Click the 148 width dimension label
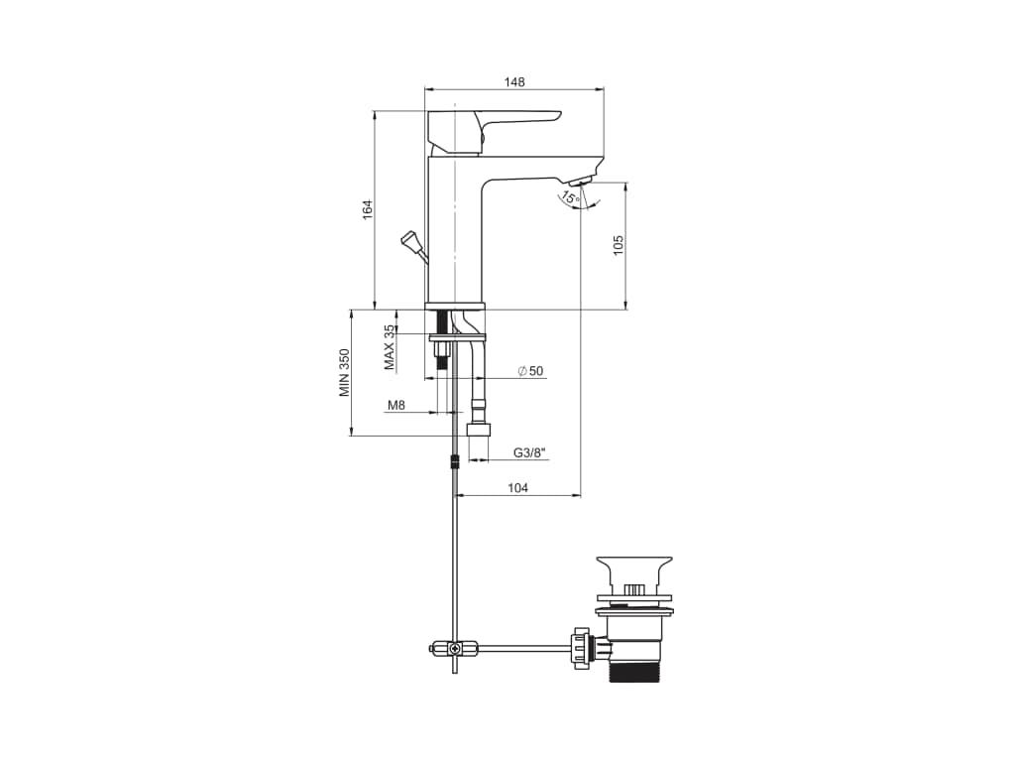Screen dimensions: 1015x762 click(x=514, y=82)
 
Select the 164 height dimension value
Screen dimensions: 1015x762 click(x=368, y=209)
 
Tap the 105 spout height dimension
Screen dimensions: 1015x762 click(x=619, y=245)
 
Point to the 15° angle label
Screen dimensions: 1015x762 click(x=570, y=197)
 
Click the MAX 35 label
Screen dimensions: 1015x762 click(x=389, y=347)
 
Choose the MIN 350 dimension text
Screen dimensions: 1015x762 click(x=344, y=373)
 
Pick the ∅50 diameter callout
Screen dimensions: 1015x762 click(x=530, y=371)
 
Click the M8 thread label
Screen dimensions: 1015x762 click(x=396, y=406)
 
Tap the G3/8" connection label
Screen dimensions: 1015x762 click(x=531, y=452)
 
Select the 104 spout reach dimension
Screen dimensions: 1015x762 click(x=517, y=488)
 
